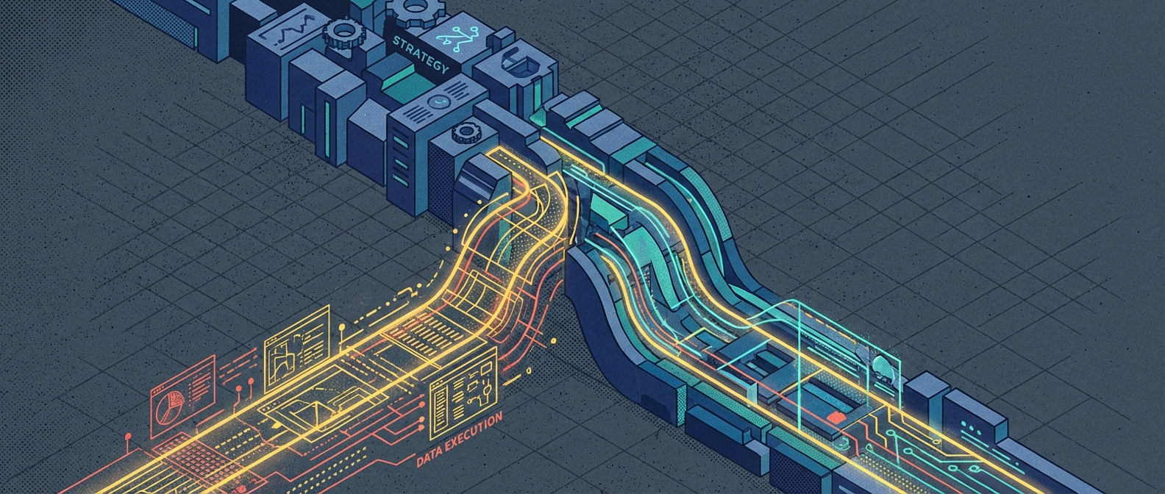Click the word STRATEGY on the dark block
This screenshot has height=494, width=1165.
[x=420, y=54]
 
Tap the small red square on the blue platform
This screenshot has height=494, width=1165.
[x=833, y=416]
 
